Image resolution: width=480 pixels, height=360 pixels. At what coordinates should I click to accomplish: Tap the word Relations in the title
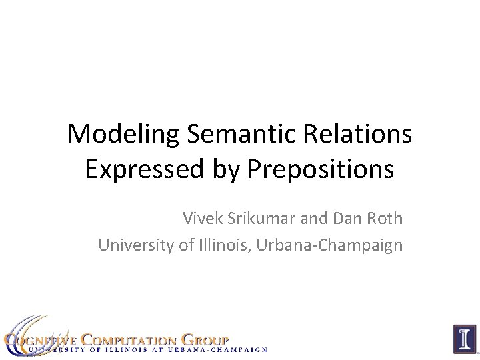pos(360,135)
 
